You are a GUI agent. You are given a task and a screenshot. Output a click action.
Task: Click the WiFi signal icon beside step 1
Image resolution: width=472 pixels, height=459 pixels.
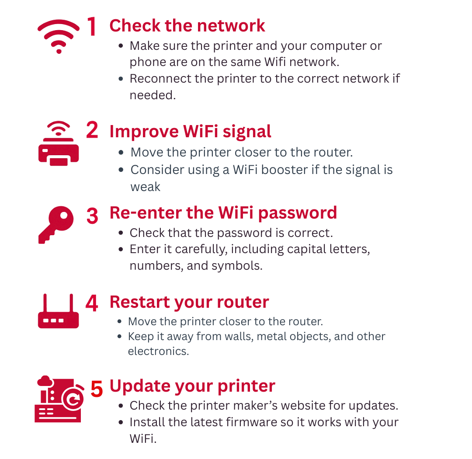pyautogui.click(x=59, y=37)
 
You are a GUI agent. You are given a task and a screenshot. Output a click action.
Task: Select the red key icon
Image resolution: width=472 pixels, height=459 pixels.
pyautogui.click(x=56, y=225)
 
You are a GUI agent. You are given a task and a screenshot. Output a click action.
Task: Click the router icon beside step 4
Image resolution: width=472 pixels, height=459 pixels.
pyautogui.click(x=59, y=311)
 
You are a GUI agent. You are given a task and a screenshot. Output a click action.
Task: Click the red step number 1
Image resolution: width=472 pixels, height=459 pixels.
pyautogui.click(x=92, y=26)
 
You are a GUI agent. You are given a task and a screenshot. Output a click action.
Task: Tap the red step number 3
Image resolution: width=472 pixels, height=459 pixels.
pyautogui.click(x=92, y=216)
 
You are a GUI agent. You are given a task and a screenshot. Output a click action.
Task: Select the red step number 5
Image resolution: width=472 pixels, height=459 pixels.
pyautogui.click(x=97, y=389)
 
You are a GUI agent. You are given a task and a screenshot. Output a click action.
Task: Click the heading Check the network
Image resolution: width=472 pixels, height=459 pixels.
pyautogui.click(x=187, y=25)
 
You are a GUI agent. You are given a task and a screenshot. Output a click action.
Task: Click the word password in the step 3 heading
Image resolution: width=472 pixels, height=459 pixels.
pyautogui.click(x=298, y=213)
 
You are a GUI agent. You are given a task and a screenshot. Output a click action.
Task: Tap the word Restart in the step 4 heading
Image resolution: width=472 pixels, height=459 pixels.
pyautogui.click(x=140, y=302)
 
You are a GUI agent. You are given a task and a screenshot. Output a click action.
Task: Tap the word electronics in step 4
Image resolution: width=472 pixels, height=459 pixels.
pyautogui.click(x=158, y=351)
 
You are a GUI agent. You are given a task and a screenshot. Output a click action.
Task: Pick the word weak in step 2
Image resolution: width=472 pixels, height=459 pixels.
pyautogui.click(x=146, y=187)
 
